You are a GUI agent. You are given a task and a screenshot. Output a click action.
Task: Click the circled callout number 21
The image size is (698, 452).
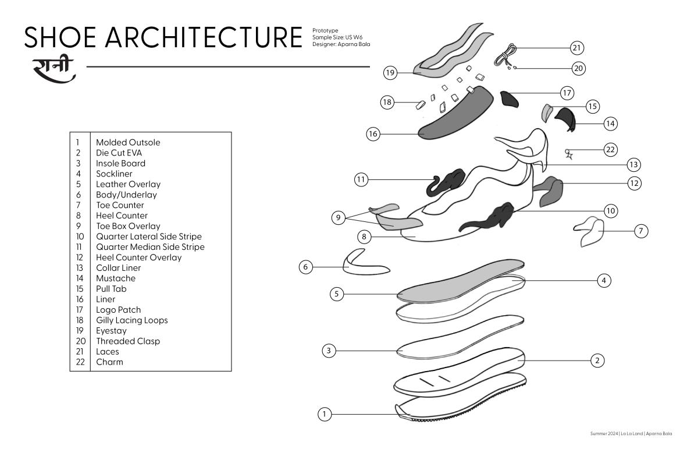(577, 48)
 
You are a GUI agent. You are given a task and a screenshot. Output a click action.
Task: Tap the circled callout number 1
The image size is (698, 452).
(325, 414)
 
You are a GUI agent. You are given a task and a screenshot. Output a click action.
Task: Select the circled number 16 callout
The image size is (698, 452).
(373, 134)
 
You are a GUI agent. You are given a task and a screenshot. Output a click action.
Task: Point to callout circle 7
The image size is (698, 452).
(641, 231)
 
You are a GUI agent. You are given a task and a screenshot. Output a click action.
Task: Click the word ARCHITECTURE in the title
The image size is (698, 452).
(204, 37)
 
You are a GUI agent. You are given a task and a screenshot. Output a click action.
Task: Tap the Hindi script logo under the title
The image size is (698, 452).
(54, 70)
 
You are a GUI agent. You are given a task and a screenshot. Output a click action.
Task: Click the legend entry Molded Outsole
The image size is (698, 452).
(128, 143)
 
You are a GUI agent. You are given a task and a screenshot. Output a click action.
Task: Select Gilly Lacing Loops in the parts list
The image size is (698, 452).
(132, 320)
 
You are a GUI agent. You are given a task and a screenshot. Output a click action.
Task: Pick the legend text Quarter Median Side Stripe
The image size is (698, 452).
(150, 247)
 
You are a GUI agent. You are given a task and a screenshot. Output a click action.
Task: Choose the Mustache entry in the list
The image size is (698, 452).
(116, 278)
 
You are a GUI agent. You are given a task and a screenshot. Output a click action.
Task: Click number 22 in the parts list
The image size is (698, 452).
(80, 362)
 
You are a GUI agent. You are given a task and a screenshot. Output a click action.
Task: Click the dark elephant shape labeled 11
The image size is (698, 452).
(446, 183)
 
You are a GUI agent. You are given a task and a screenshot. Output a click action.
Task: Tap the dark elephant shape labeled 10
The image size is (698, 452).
(487, 218)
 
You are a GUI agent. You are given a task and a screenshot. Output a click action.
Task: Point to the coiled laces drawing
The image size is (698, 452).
(505, 55)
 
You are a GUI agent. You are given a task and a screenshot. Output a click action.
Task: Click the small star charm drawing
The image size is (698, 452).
(569, 154)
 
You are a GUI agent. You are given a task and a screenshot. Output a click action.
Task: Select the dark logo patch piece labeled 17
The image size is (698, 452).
(508, 99)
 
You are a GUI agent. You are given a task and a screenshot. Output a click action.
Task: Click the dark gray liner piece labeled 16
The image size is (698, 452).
(455, 114)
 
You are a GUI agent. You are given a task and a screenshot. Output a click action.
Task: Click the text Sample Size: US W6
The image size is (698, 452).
(337, 37)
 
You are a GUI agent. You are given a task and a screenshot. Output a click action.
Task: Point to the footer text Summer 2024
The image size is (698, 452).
(604, 433)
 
